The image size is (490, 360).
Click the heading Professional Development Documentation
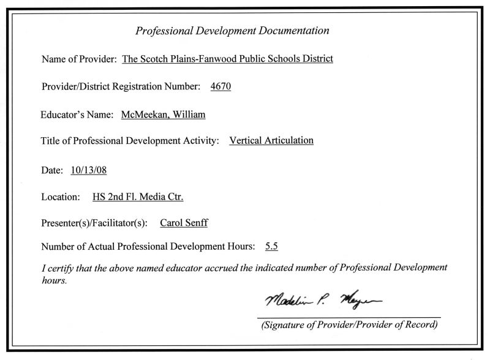tap(232, 31)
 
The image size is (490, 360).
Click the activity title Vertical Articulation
tap(271, 140)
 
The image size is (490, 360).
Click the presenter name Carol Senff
tap(184, 223)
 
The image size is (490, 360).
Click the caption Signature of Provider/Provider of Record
tap(349, 324)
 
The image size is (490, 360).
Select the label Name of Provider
tap(79, 59)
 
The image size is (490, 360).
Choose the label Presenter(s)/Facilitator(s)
tap(94, 223)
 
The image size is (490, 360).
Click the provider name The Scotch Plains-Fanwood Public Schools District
tap(228, 59)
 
